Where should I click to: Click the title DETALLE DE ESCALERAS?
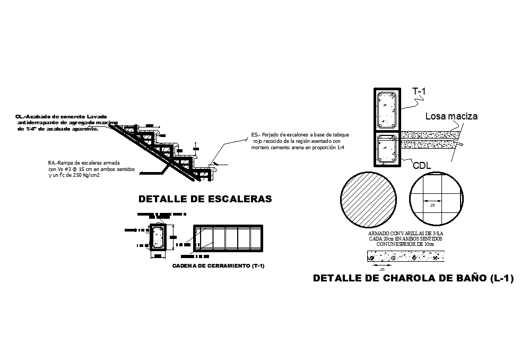pyautogui.click(x=205, y=200)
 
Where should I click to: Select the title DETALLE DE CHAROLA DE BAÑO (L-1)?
pyautogui.click(x=413, y=278)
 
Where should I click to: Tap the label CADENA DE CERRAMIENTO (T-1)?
pyautogui.click(x=219, y=265)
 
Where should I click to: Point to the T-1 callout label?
pyautogui.click(x=419, y=92)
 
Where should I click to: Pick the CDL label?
pyautogui.click(x=422, y=166)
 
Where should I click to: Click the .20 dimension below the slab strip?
pyautogui.click(x=381, y=270)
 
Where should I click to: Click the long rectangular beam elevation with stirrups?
pyautogui.click(x=227, y=238)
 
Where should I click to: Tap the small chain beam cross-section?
pyautogui.click(x=158, y=237)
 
